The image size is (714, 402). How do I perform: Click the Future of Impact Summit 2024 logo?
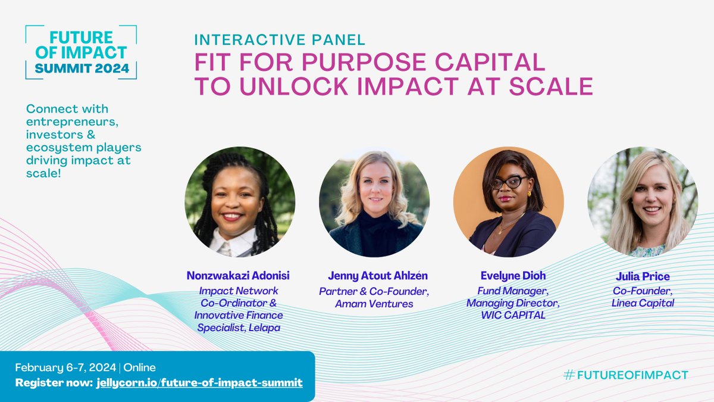[81, 52]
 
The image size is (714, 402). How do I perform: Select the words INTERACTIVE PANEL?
[280, 40]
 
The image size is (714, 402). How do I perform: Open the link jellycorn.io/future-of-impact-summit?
[199, 382]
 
